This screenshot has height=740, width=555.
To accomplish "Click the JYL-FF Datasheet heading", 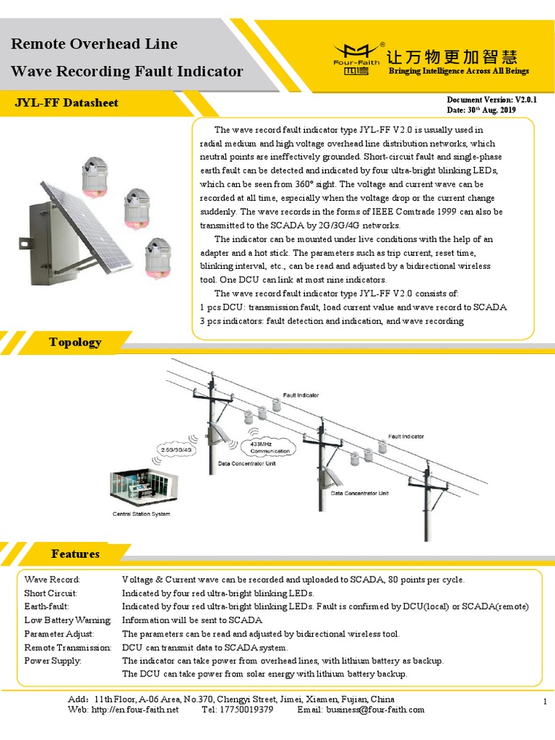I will point(66,103).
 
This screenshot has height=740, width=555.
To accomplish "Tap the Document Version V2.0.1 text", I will point(490,99).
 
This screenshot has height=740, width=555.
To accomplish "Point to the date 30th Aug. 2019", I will point(480,110).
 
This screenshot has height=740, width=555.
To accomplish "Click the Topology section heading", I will point(75,342).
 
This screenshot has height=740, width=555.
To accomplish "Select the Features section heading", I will point(75,554).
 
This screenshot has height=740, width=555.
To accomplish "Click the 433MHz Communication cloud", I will point(270,447).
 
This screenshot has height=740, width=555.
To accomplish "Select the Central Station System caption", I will point(141,515).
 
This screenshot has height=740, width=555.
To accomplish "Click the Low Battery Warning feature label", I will point(67,620).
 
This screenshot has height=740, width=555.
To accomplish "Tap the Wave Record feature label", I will point(52,580).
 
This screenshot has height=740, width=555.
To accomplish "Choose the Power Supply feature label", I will point(53,661).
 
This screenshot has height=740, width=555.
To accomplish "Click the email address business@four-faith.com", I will point(375,710).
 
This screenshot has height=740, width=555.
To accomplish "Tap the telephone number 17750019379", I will point(248,710).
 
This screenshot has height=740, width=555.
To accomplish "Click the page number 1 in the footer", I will point(543,702).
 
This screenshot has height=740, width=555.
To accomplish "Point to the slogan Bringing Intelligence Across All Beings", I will point(459,71).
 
